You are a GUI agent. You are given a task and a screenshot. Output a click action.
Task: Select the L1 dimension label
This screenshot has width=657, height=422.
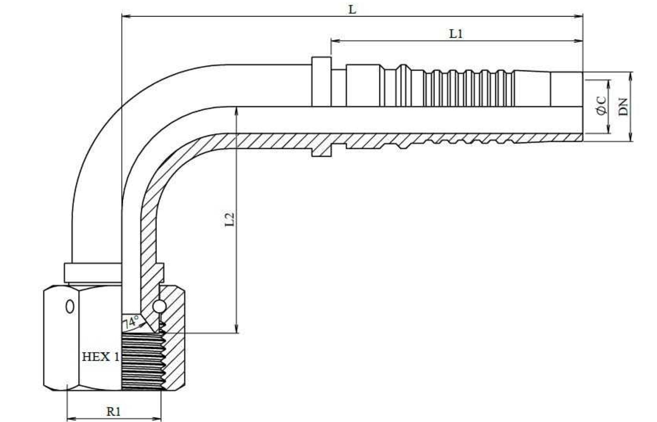pos(456,34)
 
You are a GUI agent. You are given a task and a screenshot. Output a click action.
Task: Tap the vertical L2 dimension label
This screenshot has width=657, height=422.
pos(230,219)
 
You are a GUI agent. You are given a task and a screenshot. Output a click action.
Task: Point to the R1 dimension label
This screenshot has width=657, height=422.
pos(114,411)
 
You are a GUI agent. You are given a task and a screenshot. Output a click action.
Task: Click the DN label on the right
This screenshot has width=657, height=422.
pos(623,106)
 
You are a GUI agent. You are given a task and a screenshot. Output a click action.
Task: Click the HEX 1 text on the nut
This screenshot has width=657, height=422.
pos(101,357)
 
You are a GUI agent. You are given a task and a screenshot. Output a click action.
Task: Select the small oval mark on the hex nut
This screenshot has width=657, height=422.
pos(70,307)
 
